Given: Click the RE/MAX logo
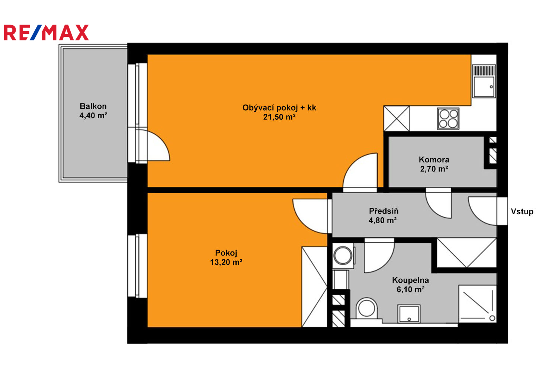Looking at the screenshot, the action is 46,32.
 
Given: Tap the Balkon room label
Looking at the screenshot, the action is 93,106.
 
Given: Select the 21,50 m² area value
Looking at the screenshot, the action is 279,117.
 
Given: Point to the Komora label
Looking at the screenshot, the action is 434,160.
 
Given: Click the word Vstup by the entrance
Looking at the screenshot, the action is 522,212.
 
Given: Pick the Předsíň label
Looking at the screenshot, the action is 384,211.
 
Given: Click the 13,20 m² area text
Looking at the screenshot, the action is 226,262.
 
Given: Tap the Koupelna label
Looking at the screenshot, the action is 411,280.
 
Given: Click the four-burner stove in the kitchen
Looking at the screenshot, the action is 448,119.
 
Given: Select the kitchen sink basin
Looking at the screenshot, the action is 484,87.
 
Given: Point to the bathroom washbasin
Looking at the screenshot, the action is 409,314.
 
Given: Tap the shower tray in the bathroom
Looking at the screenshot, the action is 477,304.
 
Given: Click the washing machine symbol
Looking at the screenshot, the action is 343,256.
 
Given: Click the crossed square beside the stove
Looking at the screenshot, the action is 397,119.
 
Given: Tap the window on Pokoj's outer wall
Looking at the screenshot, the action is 137,266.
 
